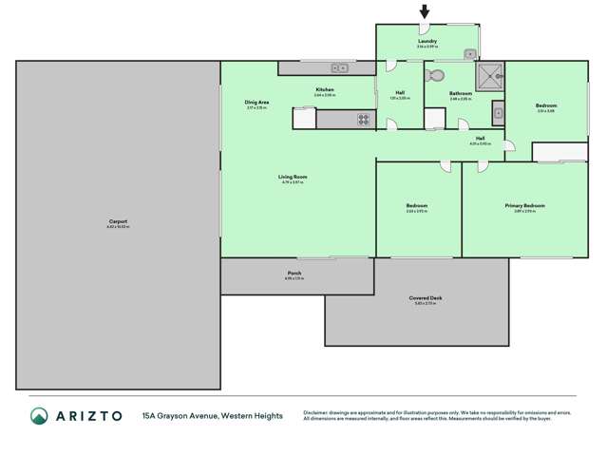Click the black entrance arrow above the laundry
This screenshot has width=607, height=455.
click(x=425, y=12)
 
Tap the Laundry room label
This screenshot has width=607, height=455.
click(x=427, y=41)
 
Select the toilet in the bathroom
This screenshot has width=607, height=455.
click(x=436, y=75)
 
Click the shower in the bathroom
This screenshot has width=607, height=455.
click(x=490, y=75)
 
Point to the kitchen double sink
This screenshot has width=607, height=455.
click(x=340, y=68)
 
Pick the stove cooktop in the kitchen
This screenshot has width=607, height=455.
click(x=363, y=120)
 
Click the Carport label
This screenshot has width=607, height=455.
click(x=118, y=221)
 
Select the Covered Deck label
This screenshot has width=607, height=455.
click(x=428, y=297)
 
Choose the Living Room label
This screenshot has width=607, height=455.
click(x=293, y=177)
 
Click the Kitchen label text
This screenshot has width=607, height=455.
click(x=325, y=89)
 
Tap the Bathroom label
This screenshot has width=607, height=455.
click(x=461, y=93)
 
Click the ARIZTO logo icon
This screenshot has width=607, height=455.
click(x=39, y=415)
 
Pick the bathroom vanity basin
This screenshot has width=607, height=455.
click(x=498, y=113)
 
